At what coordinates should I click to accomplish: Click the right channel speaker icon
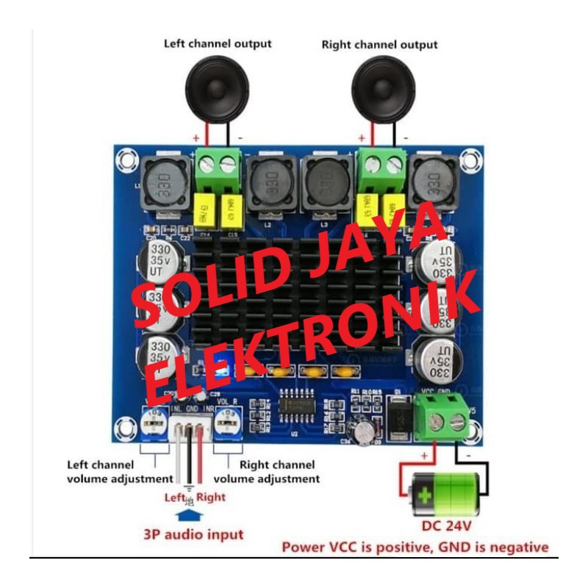coord(383,89)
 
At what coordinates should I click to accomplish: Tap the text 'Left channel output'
coord(217,43)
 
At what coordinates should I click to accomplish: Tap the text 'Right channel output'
coord(379,45)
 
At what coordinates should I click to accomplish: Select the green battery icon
coord(445,495)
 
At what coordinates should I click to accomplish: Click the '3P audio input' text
coord(193,534)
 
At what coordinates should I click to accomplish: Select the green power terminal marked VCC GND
coord(441,417)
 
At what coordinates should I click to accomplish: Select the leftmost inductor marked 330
coord(165,181)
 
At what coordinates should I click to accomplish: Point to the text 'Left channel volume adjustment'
coord(110,471)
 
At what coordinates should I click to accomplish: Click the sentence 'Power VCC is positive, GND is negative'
coord(415,548)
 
